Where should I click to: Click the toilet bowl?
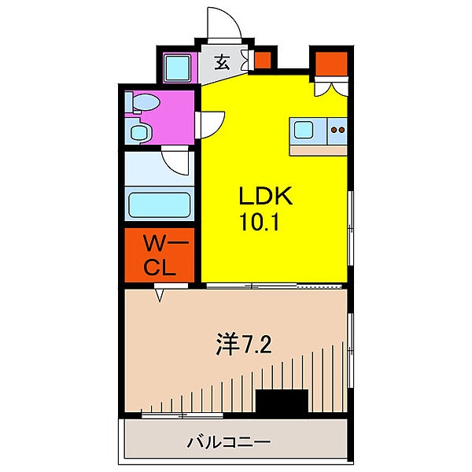[x=144, y=103]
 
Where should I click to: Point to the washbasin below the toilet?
[x=139, y=132]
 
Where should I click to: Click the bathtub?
[x=160, y=206]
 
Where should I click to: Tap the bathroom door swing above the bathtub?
[x=178, y=162]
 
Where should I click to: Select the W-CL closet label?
[x=158, y=254]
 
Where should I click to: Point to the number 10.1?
[x=259, y=223]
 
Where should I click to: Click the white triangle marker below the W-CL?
[x=160, y=296]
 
